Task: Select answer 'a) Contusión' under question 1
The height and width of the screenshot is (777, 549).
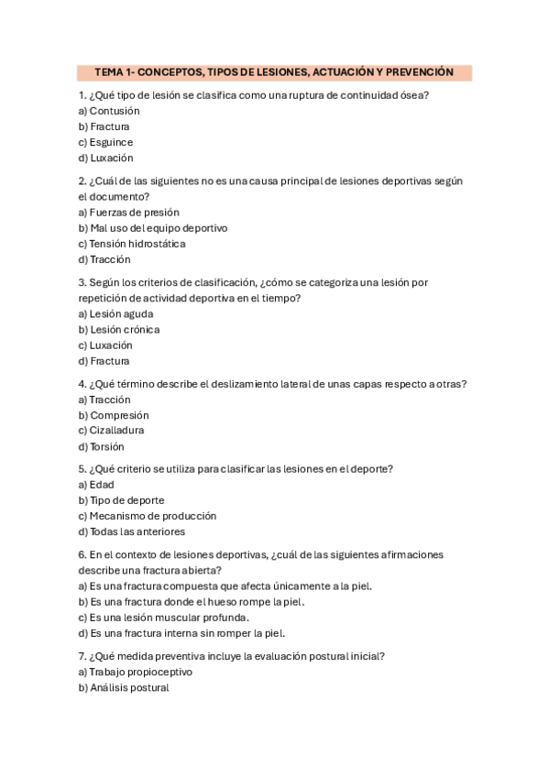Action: [x=109, y=111]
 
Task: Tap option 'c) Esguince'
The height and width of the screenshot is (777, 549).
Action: [x=105, y=142]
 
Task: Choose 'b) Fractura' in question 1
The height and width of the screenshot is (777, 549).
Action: [x=104, y=126]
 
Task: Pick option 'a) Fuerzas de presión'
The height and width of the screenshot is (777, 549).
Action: [x=128, y=213]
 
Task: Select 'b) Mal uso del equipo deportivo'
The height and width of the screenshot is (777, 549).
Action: [x=152, y=228]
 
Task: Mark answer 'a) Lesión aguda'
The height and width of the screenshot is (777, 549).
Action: [x=115, y=314]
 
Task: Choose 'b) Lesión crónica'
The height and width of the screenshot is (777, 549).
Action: [x=118, y=330]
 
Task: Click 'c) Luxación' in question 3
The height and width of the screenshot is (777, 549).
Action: [x=105, y=345]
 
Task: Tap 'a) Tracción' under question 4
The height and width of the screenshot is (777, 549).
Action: [x=104, y=399]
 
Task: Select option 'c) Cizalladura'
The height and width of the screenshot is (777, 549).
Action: [x=111, y=431]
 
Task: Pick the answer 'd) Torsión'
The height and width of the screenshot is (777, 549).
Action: [x=101, y=447]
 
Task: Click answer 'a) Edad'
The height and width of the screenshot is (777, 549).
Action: [x=96, y=485]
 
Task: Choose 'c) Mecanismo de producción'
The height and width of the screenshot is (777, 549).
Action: [x=147, y=516]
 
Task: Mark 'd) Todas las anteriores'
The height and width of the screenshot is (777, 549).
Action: [x=131, y=531]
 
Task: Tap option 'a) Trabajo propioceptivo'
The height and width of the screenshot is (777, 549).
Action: [x=135, y=672]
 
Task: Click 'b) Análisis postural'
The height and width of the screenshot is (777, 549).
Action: [x=124, y=687]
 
